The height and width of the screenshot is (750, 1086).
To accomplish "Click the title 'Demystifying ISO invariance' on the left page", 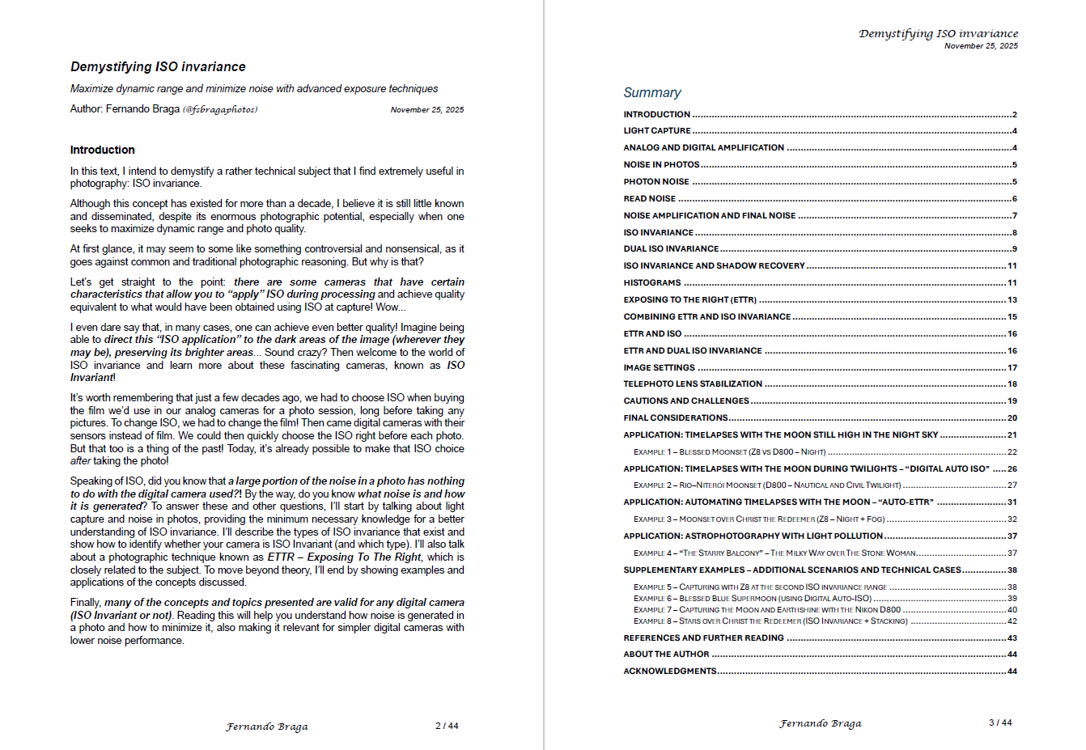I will pyautogui.click(x=158, y=67).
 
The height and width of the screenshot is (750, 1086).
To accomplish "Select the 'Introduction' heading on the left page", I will pyautogui.click(x=102, y=150).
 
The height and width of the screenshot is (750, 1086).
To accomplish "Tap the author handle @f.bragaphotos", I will pyautogui.click(x=220, y=109).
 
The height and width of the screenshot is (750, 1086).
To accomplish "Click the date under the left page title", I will pyautogui.click(x=426, y=110).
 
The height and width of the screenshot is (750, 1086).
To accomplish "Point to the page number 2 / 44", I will pyautogui.click(x=447, y=726).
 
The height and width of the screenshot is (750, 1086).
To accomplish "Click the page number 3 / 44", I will pyautogui.click(x=1000, y=722).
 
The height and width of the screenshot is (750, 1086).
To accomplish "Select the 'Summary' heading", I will pyautogui.click(x=651, y=92).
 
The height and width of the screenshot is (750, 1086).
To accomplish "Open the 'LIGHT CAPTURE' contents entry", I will pyautogui.click(x=657, y=131).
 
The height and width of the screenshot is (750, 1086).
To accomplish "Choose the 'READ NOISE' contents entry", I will pyautogui.click(x=649, y=198).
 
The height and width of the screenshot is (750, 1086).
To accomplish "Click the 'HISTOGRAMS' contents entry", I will pyautogui.click(x=651, y=283).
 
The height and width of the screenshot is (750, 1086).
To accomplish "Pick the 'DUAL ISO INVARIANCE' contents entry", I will pyautogui.click(x=671, y=249).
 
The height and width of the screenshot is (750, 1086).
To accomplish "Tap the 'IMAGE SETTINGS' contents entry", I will pyautogui.click(x=659, y=367).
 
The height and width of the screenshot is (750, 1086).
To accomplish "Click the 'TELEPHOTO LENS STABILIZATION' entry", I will pyautogui.click(x=692, y=384).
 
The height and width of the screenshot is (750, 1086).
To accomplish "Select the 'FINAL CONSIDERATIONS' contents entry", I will pyautogui.click(x=675, y=418).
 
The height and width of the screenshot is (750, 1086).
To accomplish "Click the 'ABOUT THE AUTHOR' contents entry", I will pyautogui.click(x=666, y=655).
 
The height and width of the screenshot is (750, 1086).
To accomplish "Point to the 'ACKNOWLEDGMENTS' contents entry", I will pyautogui.click(x=669, y=672).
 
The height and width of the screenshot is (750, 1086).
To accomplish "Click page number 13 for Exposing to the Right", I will pyautogui.click(x=1012, y=300).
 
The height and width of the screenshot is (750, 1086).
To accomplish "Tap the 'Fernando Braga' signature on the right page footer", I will pyautogui.click(x=820, y=723).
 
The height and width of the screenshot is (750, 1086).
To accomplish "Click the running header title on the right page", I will pyautogui.click(x=938, y=34).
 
